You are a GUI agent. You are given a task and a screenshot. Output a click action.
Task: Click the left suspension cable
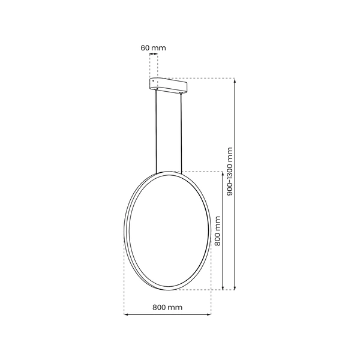(158, 132)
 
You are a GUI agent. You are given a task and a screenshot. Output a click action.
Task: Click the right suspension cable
(182, 132)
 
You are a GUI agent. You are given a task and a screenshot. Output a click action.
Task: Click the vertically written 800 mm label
(218, 231)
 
